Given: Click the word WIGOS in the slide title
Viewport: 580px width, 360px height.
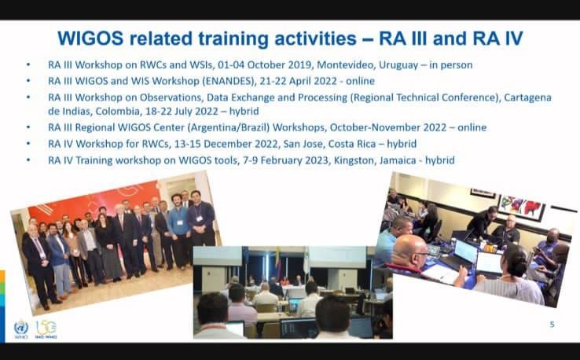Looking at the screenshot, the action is (90, 39).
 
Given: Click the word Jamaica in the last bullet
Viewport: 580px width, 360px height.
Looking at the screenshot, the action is (398, 160).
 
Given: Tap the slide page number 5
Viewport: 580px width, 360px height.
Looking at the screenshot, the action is (552, 325).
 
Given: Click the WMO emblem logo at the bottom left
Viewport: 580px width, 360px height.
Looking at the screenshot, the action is (21, 329).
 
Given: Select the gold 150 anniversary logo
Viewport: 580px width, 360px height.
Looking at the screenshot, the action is (46, 329).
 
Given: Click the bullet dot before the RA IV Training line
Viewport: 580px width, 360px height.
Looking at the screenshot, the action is (28, 160).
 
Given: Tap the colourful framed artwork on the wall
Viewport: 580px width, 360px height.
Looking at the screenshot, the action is (521, 208).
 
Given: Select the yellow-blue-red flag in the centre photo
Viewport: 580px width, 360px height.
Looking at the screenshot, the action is (278, 263).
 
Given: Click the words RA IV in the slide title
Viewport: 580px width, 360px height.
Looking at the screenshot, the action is (497, 39).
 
